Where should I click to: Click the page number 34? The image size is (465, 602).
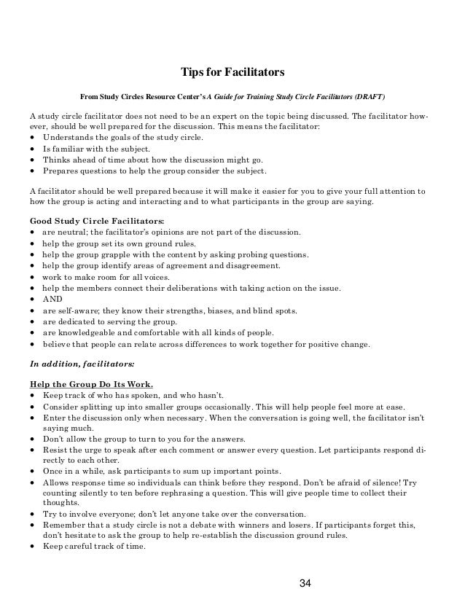coord(305,582)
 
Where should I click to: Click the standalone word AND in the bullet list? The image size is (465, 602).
coord(52,300)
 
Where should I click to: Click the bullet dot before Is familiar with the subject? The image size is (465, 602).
coord(33,148)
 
